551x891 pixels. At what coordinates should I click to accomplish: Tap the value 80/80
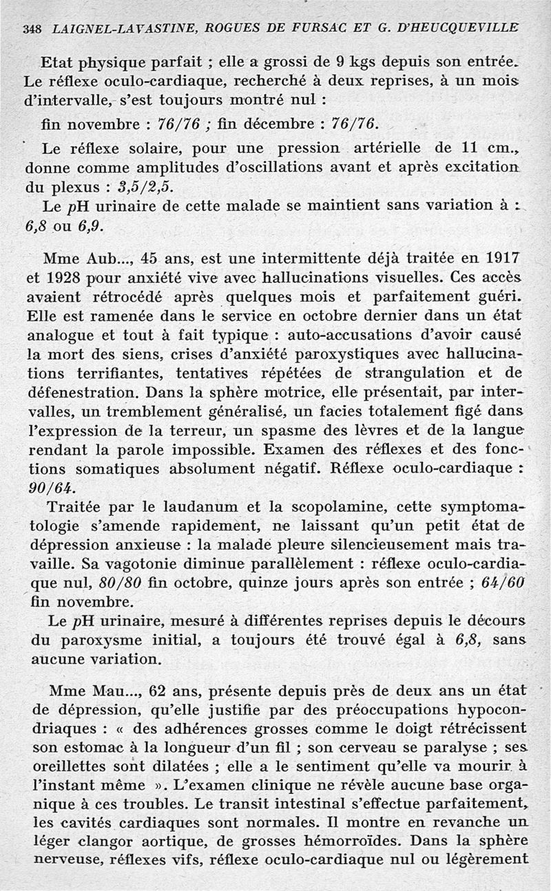click(x=121, y=583)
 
